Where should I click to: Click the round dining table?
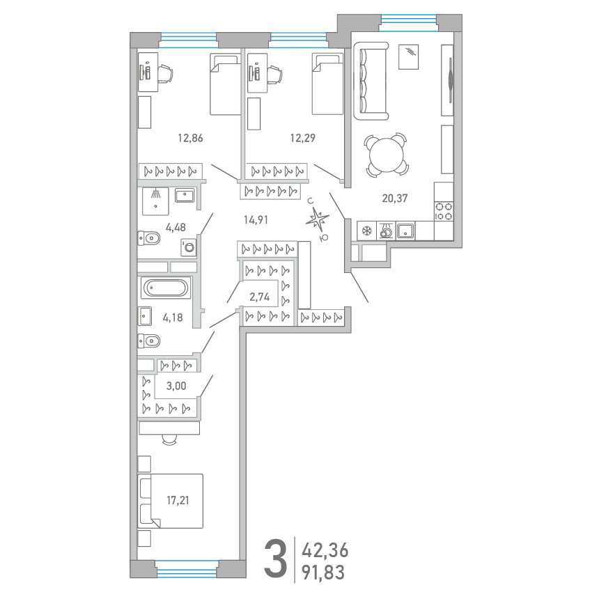pos(387,155)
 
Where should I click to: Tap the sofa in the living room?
pos(371,81)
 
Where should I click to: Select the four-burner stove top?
pos(444,211)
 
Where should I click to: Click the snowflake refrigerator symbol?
pos(366,231)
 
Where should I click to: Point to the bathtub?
pos(166,288)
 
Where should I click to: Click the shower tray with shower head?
pos(155,201)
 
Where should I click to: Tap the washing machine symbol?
pos(189,247)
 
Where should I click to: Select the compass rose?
pos(318,219)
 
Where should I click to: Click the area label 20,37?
pos(394,198)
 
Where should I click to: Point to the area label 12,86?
pos(190,138)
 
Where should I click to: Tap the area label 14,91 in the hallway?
pos(256,219)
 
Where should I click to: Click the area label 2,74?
pos(259,297)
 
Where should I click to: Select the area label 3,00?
pos(176,386)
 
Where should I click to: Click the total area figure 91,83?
pos(323,572)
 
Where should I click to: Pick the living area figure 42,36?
pos(325,550)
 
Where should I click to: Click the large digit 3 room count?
pos(275,559)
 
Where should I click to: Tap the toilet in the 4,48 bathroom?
pos(149,238)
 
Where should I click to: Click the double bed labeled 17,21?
pos(170,501)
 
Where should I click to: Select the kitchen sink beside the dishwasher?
pos(405,231)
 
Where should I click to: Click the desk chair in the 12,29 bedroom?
pos(275,73)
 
